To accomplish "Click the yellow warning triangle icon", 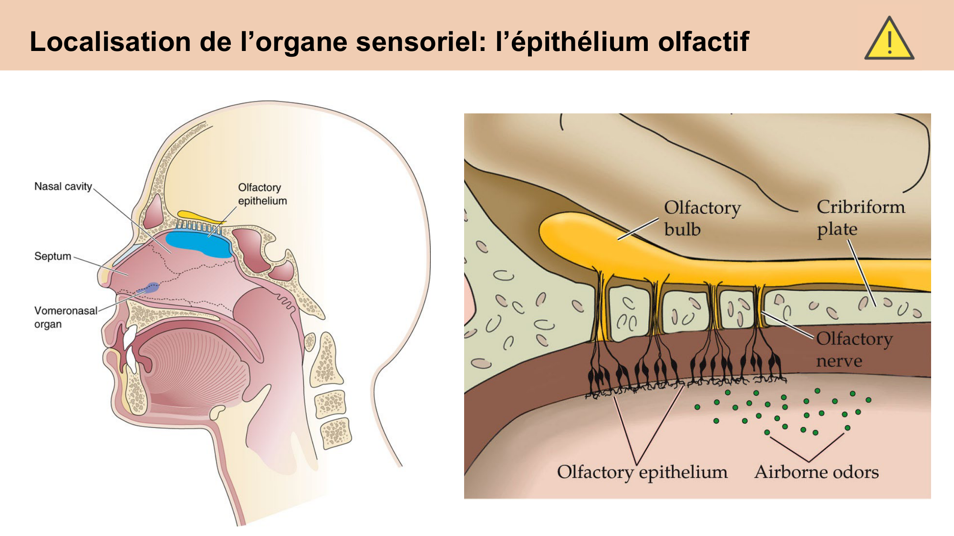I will coord(889,40).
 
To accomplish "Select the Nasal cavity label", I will coord(63,186).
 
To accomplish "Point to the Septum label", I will coord(52,256).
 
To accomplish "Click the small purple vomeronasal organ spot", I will coord(151,288).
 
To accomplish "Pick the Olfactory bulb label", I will coord(702,218).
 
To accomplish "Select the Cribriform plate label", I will coord(860,218).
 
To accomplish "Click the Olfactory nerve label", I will coord(853,349).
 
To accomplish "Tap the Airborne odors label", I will coord(816,472).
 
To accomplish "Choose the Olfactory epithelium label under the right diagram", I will coord(642,472).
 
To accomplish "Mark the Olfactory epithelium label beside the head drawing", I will coord(262,194).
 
